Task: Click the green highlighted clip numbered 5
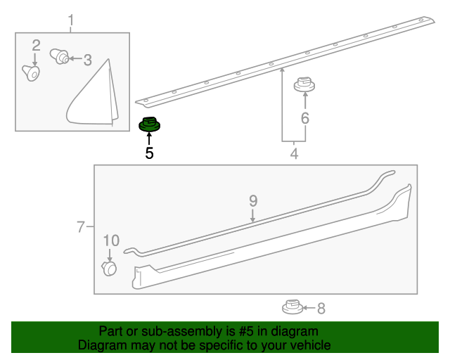pos(149,125)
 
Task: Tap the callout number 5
pos(149,153)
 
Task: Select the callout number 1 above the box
pos(71,21)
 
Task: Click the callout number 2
pos(36,46)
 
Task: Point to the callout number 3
pos(87,60)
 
